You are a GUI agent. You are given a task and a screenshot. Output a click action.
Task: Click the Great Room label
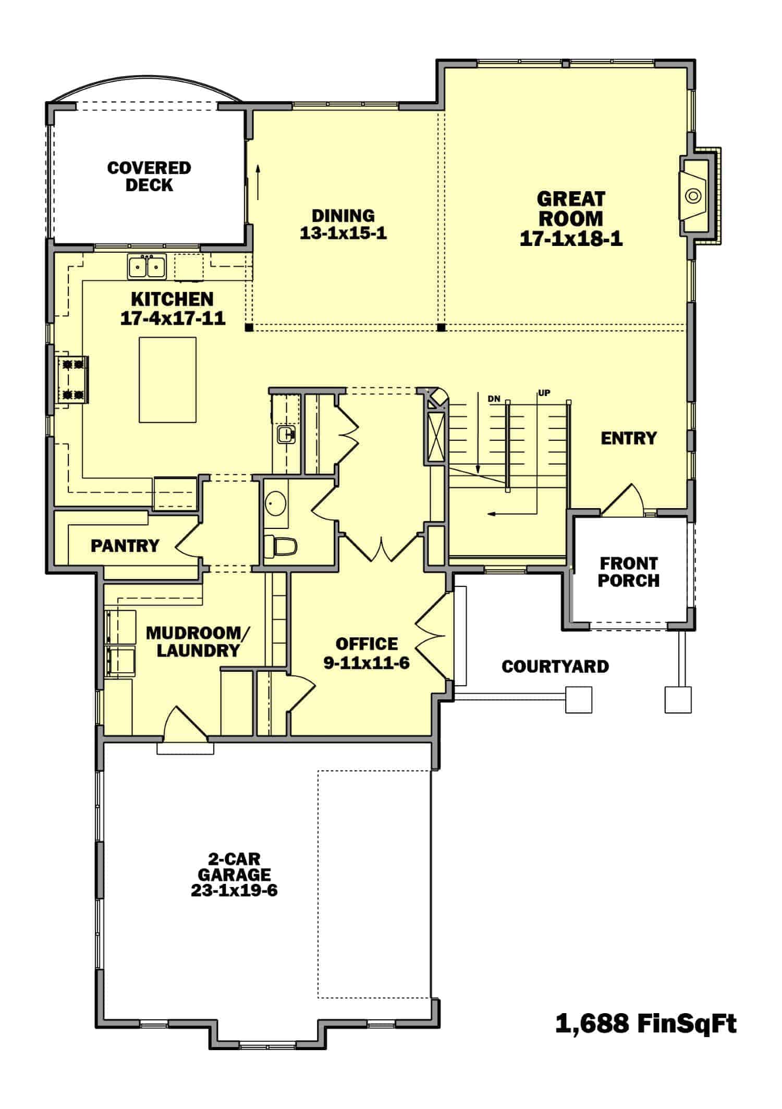(571, 208)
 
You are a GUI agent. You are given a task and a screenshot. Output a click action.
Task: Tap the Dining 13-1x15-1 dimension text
(343, 233)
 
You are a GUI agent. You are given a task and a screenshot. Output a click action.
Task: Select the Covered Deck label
(149, 176)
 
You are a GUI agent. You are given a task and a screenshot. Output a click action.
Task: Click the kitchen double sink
(146, 267)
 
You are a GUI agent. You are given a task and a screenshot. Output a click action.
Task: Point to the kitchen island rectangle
(167, 379)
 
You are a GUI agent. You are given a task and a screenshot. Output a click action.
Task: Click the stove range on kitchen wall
(73, 379)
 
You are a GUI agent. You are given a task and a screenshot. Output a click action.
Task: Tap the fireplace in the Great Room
(693, 196)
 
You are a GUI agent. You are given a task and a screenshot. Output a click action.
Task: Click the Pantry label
(125, 546)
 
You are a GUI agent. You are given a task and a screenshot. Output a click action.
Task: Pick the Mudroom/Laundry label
(198, 642)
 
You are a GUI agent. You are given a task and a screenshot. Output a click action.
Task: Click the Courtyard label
(555, 667)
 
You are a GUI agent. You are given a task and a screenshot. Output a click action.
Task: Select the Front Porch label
(628, 572)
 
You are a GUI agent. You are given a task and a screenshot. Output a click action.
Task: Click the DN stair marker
(494, 399)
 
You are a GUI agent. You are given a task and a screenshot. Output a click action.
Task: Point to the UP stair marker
(544, 393)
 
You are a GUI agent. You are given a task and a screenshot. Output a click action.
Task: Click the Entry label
(628, 438)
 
